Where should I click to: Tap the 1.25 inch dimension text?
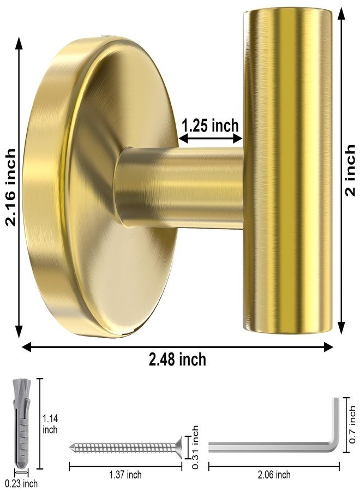210,125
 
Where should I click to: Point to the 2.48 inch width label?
178,360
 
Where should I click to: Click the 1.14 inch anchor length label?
50,424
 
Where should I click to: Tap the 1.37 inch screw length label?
125,475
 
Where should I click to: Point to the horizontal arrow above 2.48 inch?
178,346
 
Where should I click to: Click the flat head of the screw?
178,447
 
